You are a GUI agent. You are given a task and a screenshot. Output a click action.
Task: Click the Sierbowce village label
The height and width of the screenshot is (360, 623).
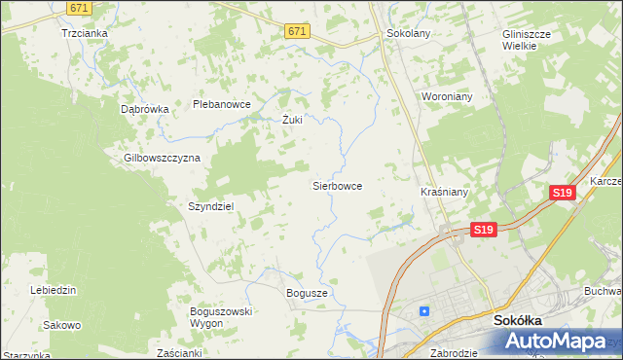point(337,185)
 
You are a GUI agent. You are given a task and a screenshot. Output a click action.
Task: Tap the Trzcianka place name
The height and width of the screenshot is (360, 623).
point(84,32)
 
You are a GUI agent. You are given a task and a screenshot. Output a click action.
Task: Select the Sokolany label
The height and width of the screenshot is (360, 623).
point(408,33)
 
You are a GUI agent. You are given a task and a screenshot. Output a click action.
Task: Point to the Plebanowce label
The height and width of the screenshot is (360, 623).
point(222,104)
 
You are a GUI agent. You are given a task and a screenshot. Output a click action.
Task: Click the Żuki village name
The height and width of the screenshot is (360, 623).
point(292,121)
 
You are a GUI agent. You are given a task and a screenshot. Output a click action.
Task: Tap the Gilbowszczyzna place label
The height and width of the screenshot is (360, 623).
point(162,158)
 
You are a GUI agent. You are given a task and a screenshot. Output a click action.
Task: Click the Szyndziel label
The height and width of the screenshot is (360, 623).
point(210,206)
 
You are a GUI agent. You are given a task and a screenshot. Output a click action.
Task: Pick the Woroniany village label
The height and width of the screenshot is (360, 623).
point(446,97)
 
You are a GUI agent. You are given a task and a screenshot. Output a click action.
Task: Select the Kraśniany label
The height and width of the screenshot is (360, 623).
point(445,192)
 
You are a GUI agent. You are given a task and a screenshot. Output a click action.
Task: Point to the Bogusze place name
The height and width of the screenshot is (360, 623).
point(307,293)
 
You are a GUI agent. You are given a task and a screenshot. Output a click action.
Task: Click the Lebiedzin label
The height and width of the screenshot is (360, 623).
point(54,290)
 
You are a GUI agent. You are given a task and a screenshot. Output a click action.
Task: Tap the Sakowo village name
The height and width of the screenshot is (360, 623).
point(62,325)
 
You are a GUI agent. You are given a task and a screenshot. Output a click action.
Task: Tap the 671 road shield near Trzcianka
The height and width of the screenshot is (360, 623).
point(81,7)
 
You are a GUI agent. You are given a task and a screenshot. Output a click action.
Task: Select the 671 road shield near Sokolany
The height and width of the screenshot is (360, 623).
point(297,32)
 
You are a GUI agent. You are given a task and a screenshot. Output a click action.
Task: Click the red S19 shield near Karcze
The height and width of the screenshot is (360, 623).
point(562,193)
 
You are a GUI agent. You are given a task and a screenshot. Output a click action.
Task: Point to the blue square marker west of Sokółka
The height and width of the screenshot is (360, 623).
point(423,311)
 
